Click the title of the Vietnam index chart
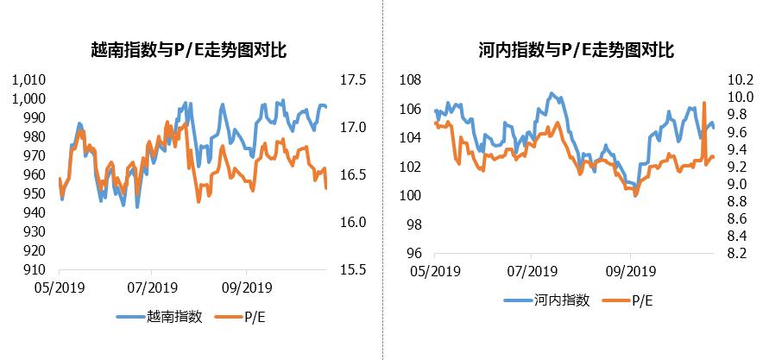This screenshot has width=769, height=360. pos(188,51)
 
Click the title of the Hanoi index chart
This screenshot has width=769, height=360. pos(575,51)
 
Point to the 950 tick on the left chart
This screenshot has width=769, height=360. pos(35,193)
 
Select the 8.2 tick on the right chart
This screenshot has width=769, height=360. pos(741,254)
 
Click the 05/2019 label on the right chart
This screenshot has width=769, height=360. pos(434,271)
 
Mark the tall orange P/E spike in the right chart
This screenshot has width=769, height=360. pos(705,104)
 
